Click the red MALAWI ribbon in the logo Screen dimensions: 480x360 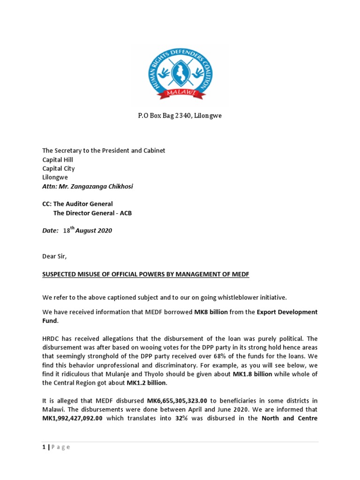click(x=180, y=94)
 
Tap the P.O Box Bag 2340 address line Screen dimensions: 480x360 click(x=180, y=116)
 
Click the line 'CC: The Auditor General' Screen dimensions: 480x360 click(x=78, y=204)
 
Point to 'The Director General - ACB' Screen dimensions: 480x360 click(x=92, y=213)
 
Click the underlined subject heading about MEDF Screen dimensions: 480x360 click(x=146, y=274)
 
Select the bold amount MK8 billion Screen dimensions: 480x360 click(x=210, y=312)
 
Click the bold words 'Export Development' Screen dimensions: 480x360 click(x=287, y=312)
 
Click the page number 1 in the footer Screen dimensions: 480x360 click(x=44, y=447)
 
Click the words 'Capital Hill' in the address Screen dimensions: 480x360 click(x=58, y=159)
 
